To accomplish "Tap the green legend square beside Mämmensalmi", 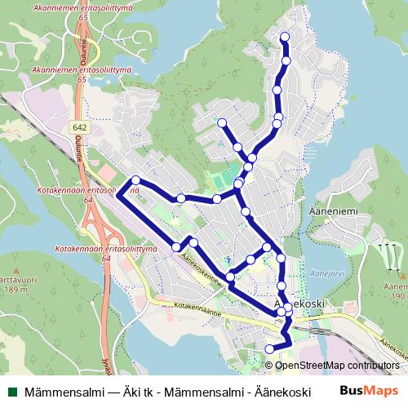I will coord(11,392).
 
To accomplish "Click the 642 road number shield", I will coord(80,128).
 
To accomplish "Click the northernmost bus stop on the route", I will coord(285,37).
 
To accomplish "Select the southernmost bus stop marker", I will coord(270,349).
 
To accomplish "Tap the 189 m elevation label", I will coord(13,289).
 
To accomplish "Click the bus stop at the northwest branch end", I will coord(221,123).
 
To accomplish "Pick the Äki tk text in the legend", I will coord(140,392).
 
